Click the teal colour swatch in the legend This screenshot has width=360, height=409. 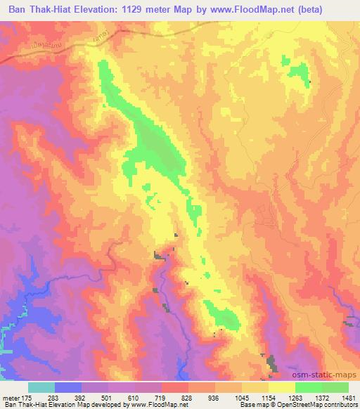[41, 387]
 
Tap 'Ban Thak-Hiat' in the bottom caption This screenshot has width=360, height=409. [23, 405]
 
